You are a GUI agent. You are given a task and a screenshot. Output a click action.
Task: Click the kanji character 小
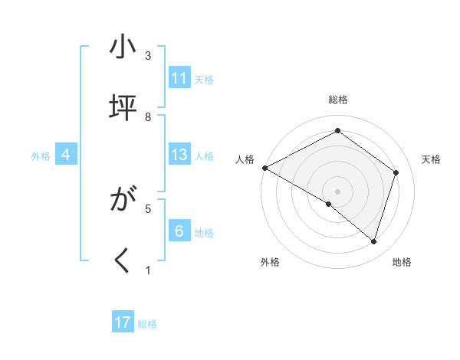pos(123,48)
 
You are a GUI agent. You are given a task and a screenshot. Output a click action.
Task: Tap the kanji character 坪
pos(123,108)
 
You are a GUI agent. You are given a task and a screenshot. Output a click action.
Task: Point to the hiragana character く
pos(123,261)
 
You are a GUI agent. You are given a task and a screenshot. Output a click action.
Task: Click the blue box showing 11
pos(179,78)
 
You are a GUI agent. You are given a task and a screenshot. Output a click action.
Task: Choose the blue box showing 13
pos(179,155)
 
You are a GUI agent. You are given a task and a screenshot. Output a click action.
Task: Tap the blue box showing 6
pos(179,231)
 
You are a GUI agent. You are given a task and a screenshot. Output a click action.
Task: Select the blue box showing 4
pos(66,155)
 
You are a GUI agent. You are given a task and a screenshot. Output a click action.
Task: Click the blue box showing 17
pos(123,322)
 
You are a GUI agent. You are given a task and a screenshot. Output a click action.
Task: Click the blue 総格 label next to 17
pos(147,324)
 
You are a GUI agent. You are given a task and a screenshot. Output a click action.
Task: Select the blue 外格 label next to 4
pos(41,156)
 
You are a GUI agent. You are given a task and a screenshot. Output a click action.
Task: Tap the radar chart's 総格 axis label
pos(338,100)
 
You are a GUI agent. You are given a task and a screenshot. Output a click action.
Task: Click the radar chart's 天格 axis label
pos(431,159)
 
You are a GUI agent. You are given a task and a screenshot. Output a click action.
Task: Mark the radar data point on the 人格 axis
pos(264,168)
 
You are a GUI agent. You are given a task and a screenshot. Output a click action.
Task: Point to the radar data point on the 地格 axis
pos(373,242)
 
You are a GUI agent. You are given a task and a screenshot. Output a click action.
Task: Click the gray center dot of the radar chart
pos(338,191)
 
